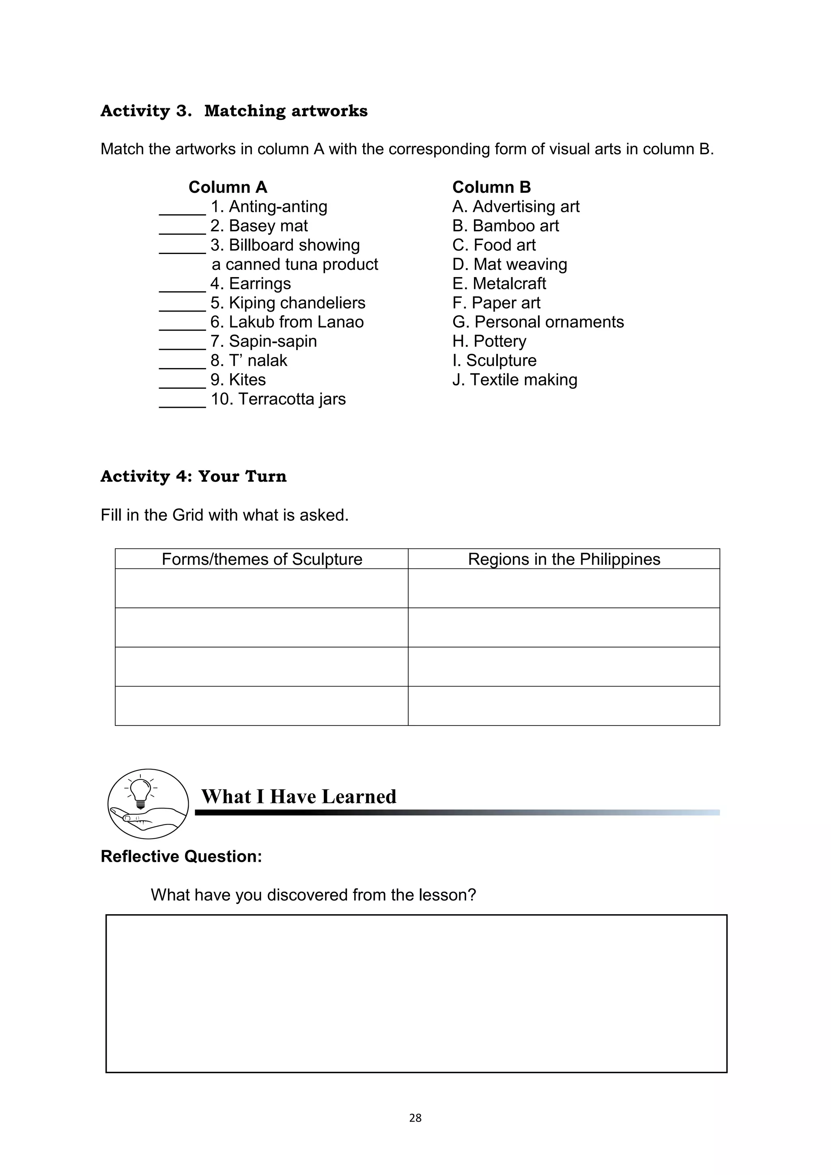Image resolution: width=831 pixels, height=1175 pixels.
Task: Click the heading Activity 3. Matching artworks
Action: (x=234, y=111)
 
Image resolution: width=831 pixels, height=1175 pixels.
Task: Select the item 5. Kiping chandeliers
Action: (x=288, y=303)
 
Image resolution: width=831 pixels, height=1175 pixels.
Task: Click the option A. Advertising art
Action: (x=515, y=207)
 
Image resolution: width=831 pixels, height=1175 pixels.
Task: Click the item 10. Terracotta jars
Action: (x=278, y=399)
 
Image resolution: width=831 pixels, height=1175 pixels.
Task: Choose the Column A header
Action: (x=228, y=187)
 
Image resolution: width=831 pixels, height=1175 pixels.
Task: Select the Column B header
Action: (x=491, y=187)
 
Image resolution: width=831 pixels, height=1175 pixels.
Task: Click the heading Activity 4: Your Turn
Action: (x=194, y=476)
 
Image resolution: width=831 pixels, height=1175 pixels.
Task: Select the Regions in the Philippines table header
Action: (x=564, y=560)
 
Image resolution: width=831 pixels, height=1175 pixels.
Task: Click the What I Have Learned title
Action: (x=298, y=797)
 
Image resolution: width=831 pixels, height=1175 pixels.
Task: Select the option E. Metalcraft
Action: (x=499, y=284)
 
